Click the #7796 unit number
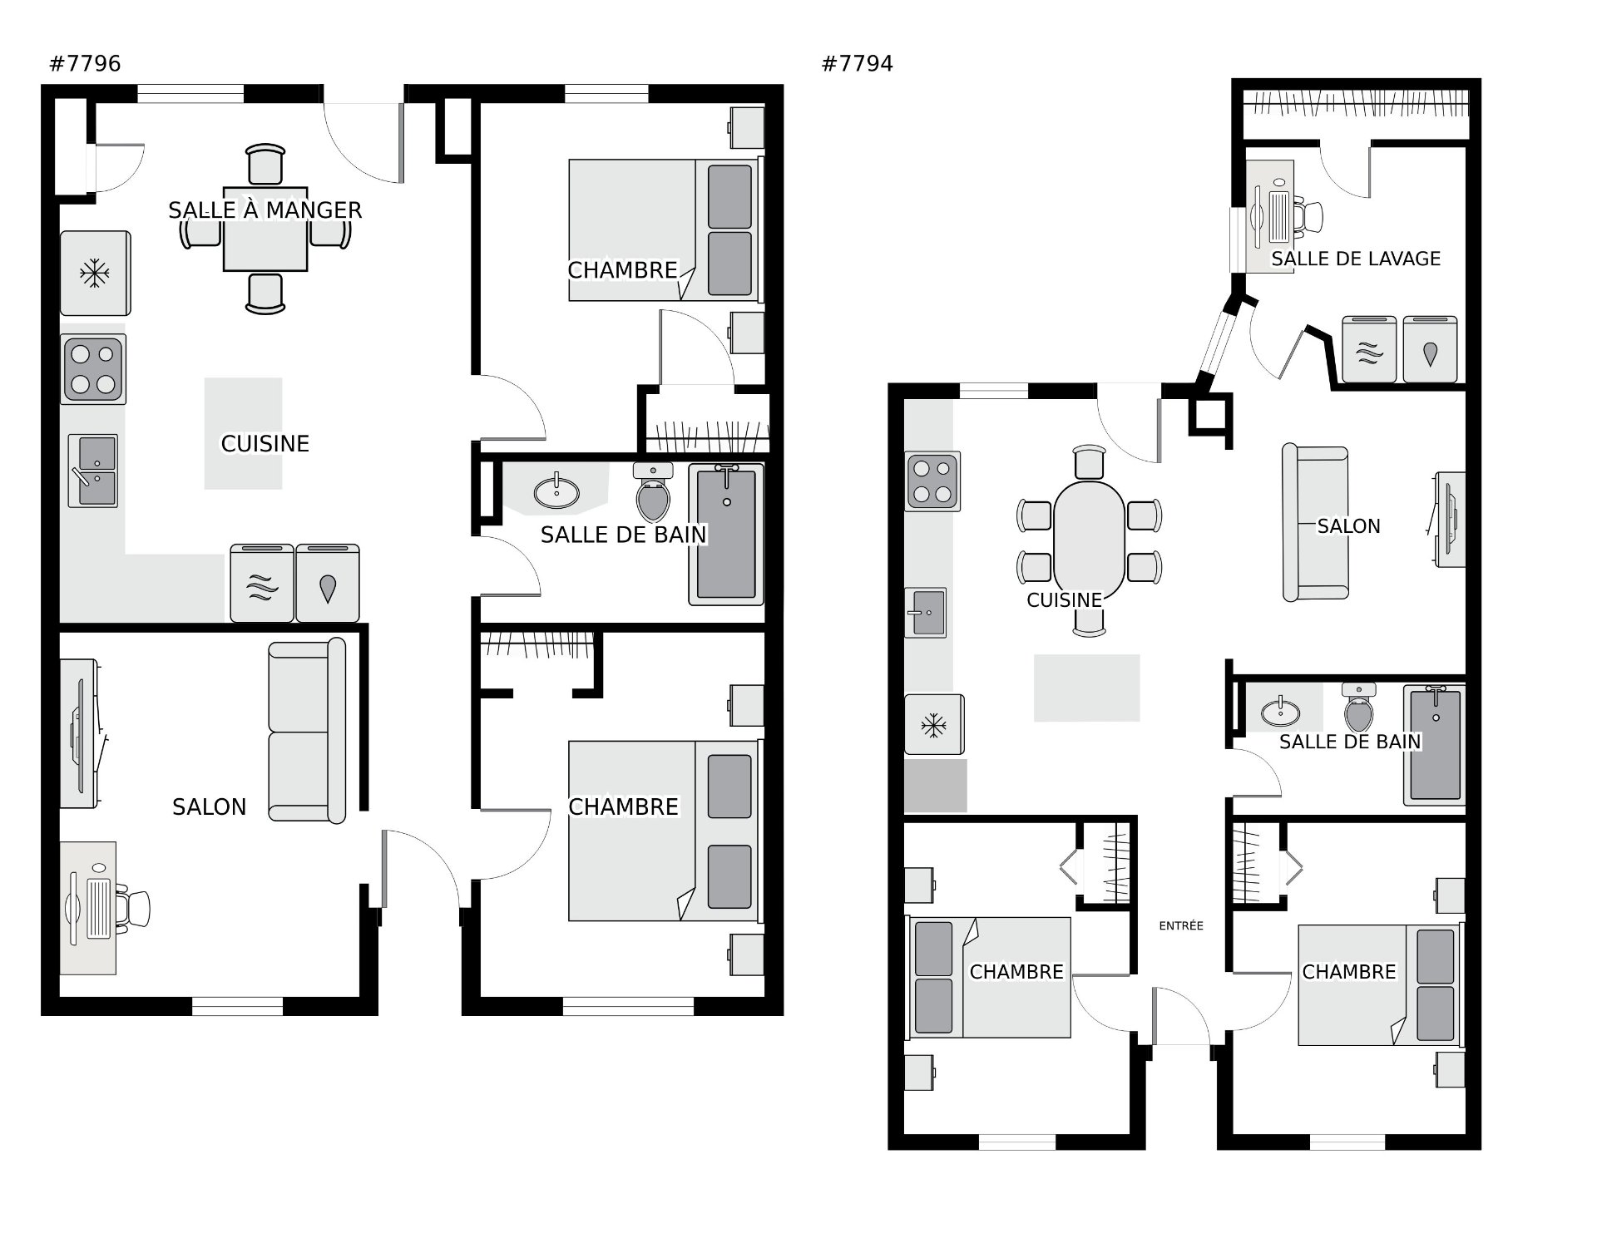coord(86,64)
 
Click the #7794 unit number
coord(858,64)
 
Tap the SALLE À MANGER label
coord(265,210)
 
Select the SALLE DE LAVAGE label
coord(1356,259)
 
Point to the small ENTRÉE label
coord(1181,925)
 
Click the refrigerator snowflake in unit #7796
coord(95,274)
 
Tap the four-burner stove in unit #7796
coord(93,369)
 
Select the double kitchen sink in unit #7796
coord(93,471)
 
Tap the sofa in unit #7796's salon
coord(307,731)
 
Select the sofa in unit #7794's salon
coord(1315,522)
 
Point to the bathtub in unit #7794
coord(1434,745)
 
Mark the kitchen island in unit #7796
coord(243,433)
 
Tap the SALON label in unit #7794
coord(1348,526)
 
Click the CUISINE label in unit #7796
coord(265,444)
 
